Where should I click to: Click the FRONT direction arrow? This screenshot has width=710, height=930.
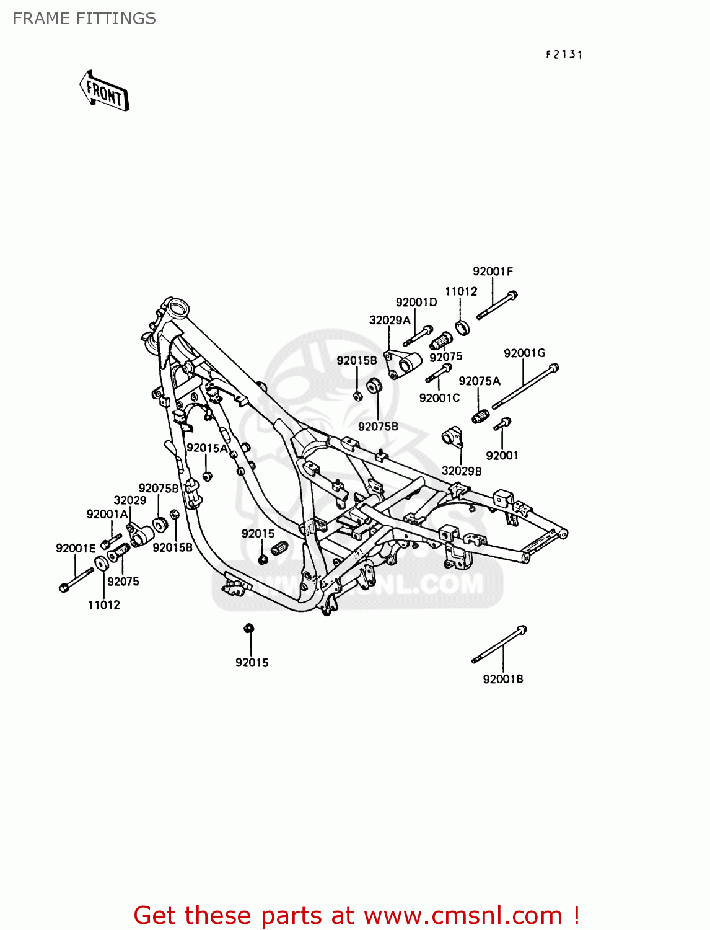click(x=104, y=91)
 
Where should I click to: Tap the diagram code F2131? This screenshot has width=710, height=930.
click(x=564, y=55)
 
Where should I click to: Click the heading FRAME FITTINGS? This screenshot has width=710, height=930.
click(x=84, y=19)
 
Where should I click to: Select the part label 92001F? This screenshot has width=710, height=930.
click(x=493, y=272)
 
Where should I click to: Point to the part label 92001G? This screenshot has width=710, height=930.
click(x=524, y=353)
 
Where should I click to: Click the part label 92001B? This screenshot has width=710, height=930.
click(x=503, y=679)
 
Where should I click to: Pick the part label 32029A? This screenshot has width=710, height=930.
click(x=390, y=321)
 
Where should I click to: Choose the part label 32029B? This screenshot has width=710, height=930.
click(x=462, y=471)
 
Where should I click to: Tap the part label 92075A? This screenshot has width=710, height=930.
click(x=480, y=381)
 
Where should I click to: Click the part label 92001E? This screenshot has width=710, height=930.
click(x=76, y=548)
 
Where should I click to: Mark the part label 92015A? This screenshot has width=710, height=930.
click(x=207, y=448)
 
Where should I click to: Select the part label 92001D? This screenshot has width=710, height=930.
click(x=416, y=303)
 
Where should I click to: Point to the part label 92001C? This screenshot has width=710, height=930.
click(x=439, y=398)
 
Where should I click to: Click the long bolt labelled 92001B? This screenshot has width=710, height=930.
click(x=499, y=645)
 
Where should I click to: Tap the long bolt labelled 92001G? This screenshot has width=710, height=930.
click(x=525, y=387)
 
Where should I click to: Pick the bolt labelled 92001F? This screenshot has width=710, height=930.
click(x=497, y=306)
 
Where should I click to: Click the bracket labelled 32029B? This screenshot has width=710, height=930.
click(x=453, y=436)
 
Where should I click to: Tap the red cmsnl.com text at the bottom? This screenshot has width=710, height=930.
click(x=356, y=915)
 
